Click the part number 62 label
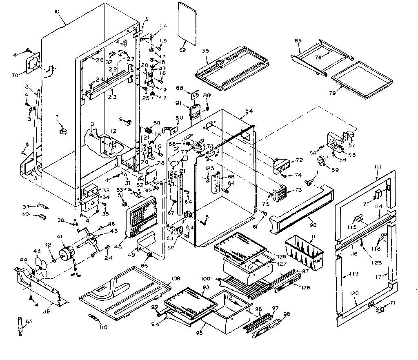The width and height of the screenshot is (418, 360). (182, 50)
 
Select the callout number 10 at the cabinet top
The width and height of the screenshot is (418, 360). (57, 11)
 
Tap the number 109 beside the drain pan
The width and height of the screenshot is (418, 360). (175, 278)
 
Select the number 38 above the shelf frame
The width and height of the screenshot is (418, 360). (205, 51)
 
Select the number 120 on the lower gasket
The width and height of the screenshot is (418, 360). (354, 293)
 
